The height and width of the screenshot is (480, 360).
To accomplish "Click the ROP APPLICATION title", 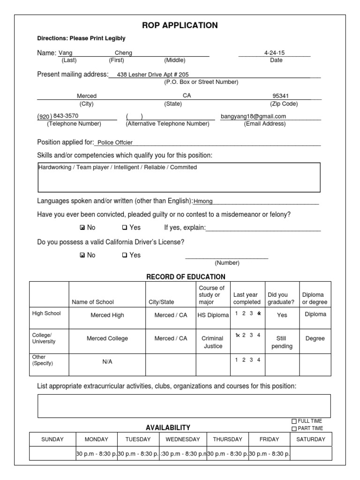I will (x=180, y=25).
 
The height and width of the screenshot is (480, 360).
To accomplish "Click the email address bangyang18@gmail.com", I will (x=253, y=116).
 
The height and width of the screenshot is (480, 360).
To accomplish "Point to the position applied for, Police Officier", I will (x=115, y=142).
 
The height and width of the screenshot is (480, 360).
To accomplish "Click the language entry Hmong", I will (x=203, y=201).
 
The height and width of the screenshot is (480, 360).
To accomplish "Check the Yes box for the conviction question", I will (x=125, y=228).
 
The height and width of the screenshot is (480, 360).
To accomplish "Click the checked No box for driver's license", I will (x=82, y=255).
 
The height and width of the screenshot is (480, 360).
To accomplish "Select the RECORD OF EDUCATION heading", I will (x=186, y=277).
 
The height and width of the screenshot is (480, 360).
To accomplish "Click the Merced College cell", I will (x=107, y=338).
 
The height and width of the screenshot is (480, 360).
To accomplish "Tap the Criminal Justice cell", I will (x=213, y=342).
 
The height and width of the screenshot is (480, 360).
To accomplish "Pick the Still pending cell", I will (x=282, y=342).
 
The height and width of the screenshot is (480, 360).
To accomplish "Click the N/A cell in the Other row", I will (x=107, y=362).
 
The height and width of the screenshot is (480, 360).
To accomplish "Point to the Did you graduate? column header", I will (x=281, y=298).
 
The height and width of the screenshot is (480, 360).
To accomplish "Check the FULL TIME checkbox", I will (x=294, y=421).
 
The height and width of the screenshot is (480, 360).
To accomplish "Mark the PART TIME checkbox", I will (x=294, y=428).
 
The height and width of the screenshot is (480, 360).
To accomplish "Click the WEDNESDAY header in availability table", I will (x=182, y=439).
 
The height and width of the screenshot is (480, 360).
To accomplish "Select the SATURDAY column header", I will (x=311, y=439).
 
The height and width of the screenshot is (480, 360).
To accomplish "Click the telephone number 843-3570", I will (x=66, y=116).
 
